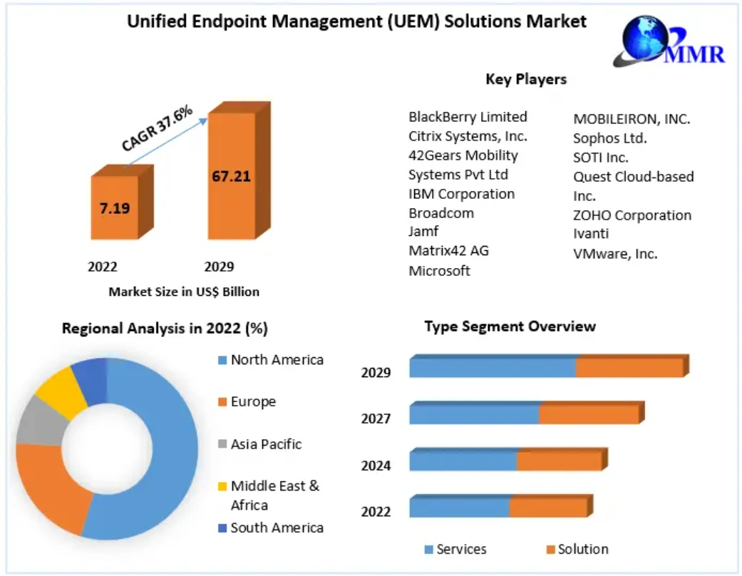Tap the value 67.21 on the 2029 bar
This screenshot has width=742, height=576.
(232, 176)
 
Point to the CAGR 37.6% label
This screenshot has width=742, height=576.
(157, 129)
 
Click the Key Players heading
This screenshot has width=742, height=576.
(526, 79)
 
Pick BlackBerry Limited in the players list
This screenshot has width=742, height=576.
(468, 117)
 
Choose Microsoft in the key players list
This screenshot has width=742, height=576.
(439, 271)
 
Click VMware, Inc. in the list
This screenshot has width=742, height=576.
(615, 253)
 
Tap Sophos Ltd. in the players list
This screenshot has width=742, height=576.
(610, 138)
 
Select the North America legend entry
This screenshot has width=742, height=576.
(277, 360)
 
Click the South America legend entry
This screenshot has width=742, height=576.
(277, 528)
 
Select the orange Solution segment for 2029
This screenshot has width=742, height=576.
(629, 368)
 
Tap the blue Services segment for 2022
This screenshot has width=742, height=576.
(459, 507)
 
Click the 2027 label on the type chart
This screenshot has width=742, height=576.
(376, 418)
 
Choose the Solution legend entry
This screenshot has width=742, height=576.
(583, 550)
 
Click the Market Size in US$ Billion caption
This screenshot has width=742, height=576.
(184, 292)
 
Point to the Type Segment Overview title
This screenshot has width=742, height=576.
(510, 326)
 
